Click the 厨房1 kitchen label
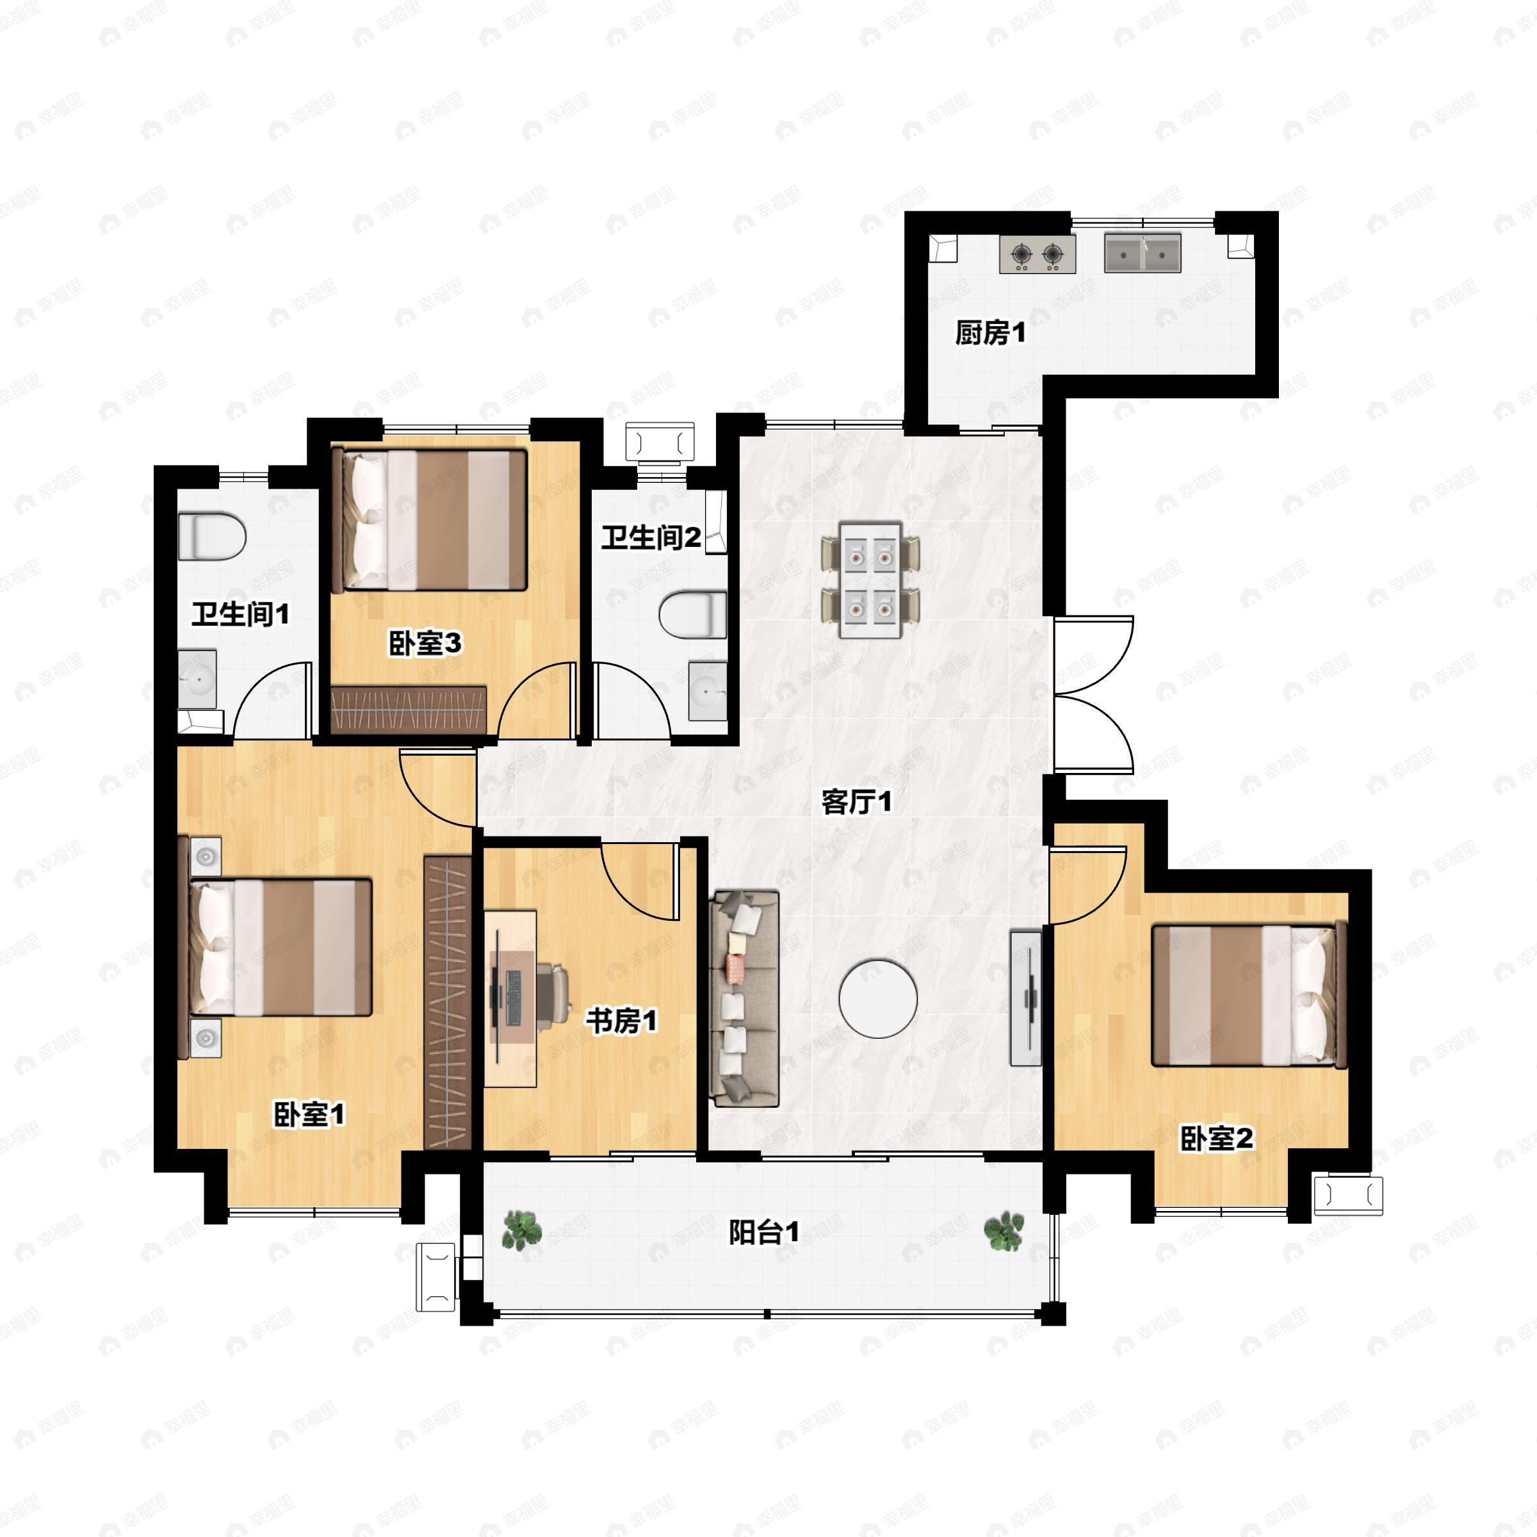pos(991,332)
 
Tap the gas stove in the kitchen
pos(1037,254)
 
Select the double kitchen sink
pos(1143,252)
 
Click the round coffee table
pos(877,998)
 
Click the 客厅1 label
pos(857,801)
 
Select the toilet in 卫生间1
pos(211,537)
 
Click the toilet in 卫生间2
pos(693,614)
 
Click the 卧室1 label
pos(309,1114)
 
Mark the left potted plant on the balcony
pos(522,1230)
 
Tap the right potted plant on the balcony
pos(1004,1232)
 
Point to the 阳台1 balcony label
pos(764,1232)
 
